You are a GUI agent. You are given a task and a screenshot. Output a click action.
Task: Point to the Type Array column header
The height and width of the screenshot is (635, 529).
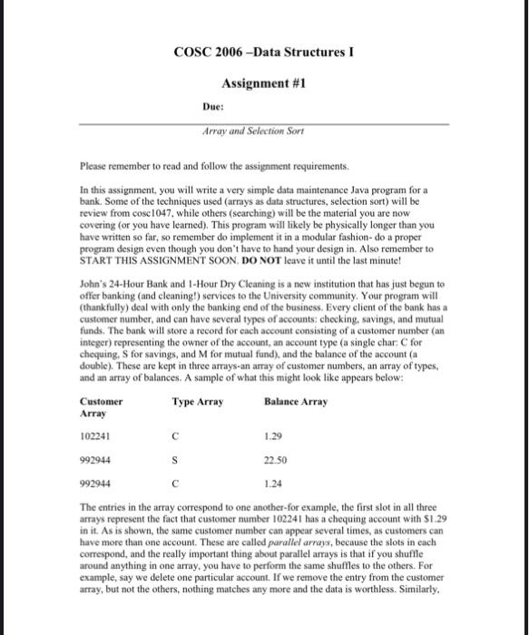click(x=197, y=401)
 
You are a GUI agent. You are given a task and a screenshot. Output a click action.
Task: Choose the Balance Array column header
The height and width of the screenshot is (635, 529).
click(x=296, y=401)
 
